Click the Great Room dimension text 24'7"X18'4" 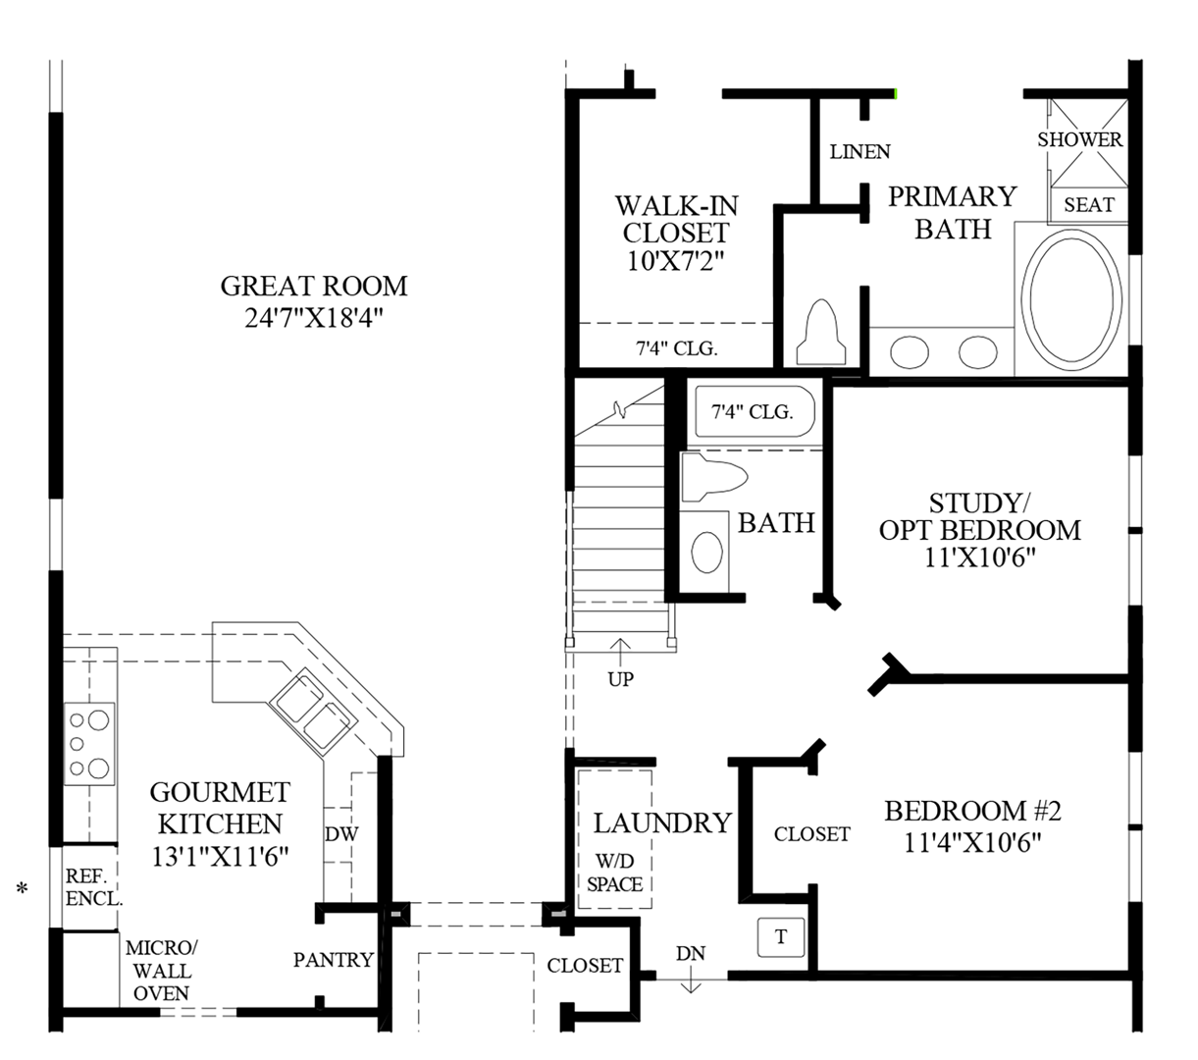tap(313, 318)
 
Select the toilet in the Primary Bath tap(821, 333)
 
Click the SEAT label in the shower tap(1089, 205)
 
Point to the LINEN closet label tap(859, 152)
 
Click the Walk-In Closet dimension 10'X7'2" tap(675, 261)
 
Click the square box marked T tap(781, 937)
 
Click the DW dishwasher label tap(341, 834)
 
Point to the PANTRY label tap(334, 960)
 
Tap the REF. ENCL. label tap(93, 887)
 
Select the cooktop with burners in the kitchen tap(89, 744)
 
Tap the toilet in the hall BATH tap(713, 477)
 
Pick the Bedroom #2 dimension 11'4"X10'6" tap(972, 842)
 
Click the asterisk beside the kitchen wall tap(22, 889)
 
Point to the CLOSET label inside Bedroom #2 tap(811, 834)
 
